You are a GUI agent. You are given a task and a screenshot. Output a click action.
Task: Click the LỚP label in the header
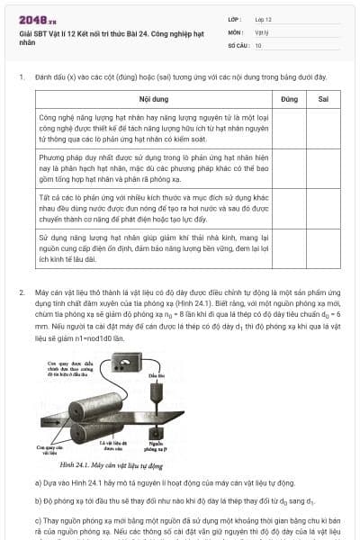point(234,18)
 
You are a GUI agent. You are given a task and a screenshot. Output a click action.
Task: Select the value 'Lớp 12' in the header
point(263,18)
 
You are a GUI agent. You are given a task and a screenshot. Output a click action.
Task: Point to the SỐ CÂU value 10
point(258,44)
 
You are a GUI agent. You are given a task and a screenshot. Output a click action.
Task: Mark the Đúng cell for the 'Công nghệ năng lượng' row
point(288,129)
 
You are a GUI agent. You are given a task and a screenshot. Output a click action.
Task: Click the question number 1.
point(21,77)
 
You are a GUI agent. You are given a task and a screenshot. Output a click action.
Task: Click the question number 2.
point(21,293)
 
